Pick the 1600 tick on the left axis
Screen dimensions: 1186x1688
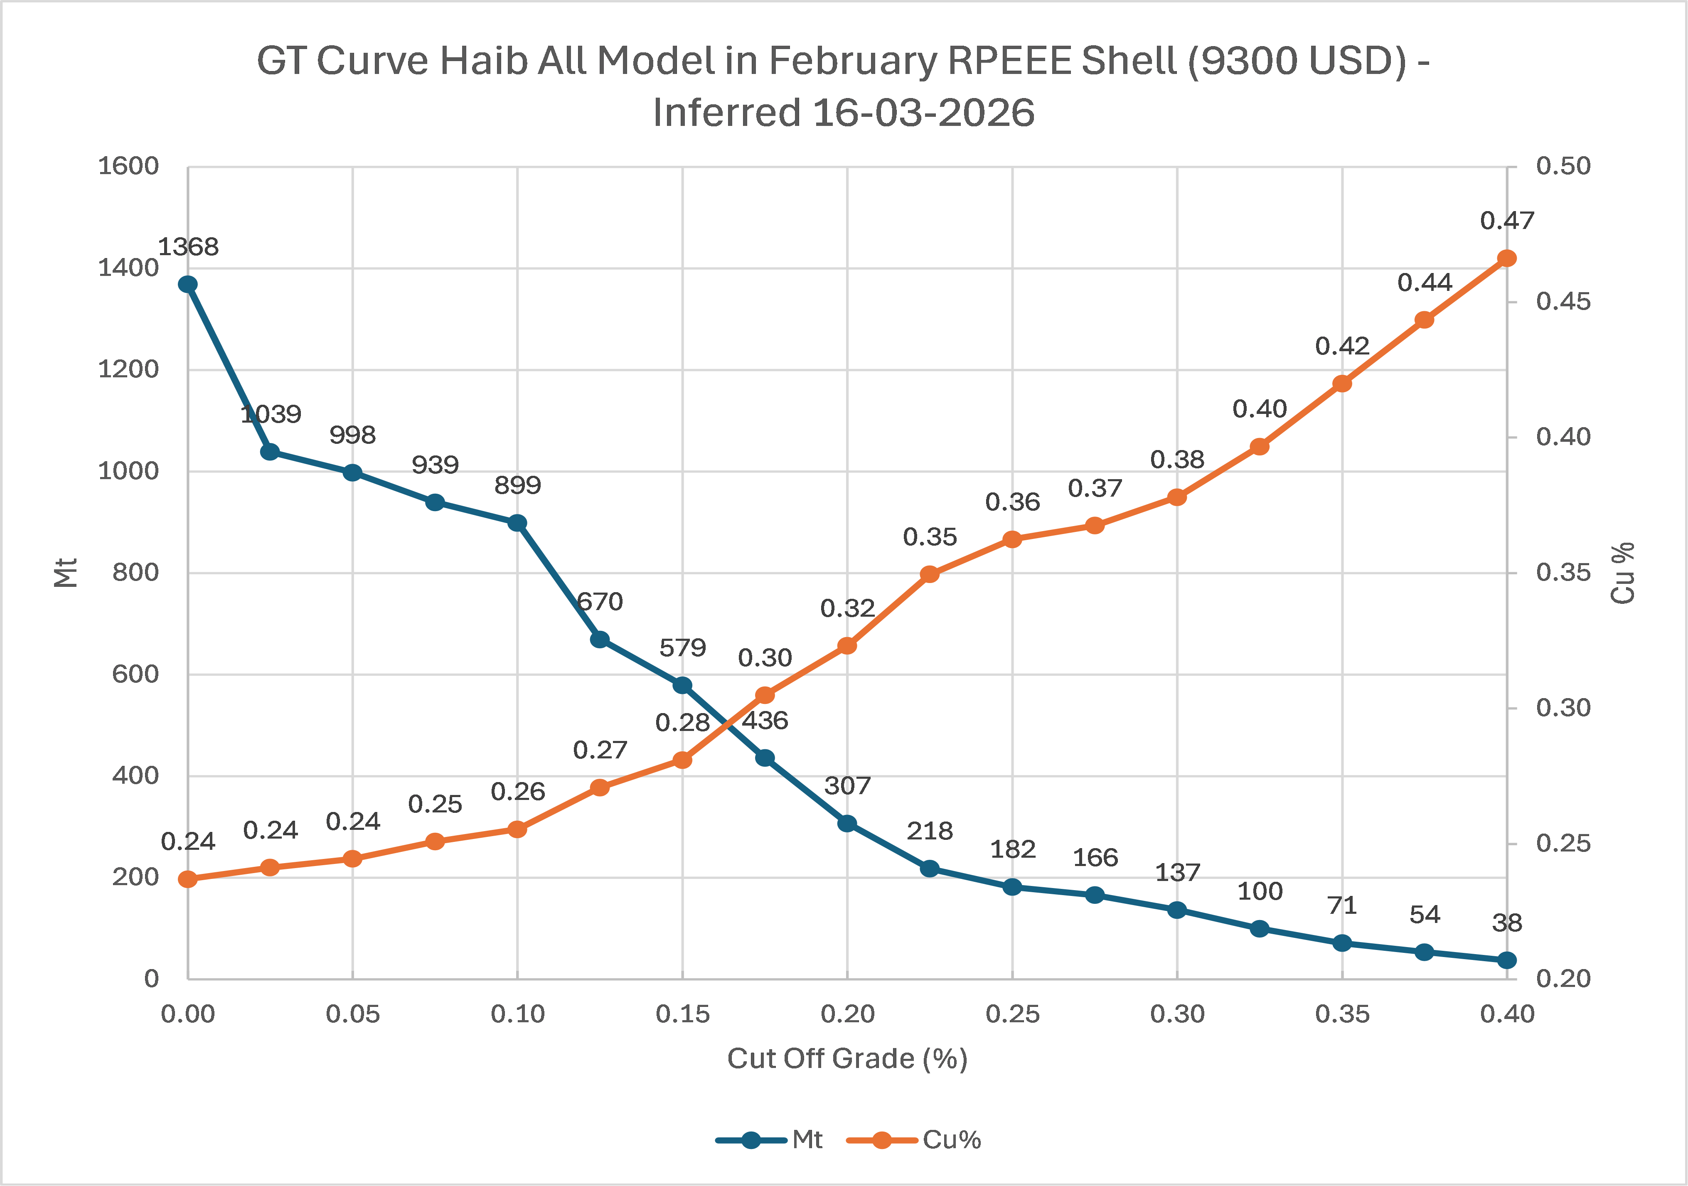[129, 166]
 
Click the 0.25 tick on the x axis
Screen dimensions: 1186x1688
[1012, 1015]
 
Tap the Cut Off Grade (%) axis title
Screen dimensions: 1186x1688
[847, 1059]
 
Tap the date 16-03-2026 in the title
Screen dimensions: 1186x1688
[923, 113]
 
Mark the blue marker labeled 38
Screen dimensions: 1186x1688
[1506, 960]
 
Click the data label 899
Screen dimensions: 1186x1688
[517, 485]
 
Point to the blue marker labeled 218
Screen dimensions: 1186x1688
[929, 869]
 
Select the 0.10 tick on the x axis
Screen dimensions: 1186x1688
[517, 1015]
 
